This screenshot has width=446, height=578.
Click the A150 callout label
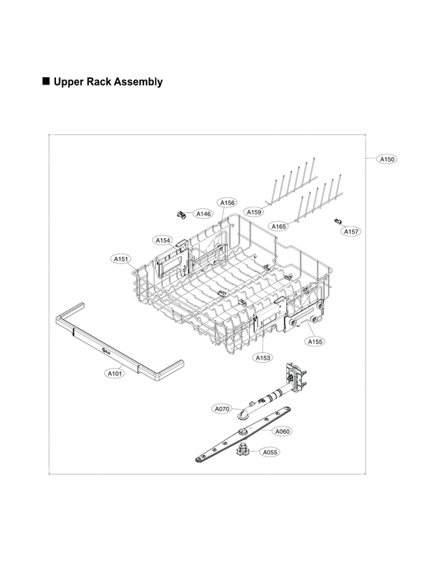click(x=387, y=159)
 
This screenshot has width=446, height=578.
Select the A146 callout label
click(x=203, y=214)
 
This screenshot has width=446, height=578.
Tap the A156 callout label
click(x=227, y=203)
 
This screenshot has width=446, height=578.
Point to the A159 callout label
click(x=254, y=212)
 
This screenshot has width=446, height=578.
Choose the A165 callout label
click(x=279, y=226)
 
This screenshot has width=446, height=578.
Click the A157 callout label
click(x=351, y=232)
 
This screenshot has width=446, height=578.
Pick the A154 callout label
click(x=162, y=240)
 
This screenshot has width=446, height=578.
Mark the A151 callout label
click(x=121, y=258)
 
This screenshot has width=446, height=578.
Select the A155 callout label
click(x=314, y=341)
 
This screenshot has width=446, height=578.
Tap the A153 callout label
click(x=262, y=357)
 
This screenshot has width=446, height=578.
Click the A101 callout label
click(x=114, y=373)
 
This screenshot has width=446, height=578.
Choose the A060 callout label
click(x=282, y=431)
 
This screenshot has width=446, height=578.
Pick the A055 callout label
click(x=269, y=452)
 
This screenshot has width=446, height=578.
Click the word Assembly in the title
click(x=136, y=81)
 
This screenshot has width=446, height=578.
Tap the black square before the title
click(x=45, y=81)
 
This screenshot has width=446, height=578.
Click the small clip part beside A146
click(x=182, y=213)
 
